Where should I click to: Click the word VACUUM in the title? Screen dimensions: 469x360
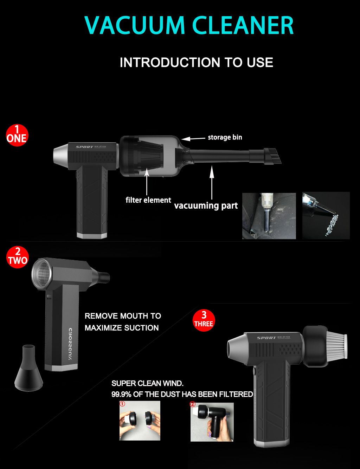click(x=135, y=26)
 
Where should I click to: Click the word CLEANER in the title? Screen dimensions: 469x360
click(x=243, y=26)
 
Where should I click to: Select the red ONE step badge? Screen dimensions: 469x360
click(x=17, y=135)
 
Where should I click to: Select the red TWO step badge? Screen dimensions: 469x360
click(x=18, y=257)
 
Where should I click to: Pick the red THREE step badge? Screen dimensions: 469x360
click(x=204, y=320)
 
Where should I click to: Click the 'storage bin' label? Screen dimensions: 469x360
click(x=225, y=137)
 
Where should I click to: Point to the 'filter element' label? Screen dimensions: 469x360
click(x=148, y=200)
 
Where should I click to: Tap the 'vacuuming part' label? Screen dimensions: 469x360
click(x=206, y=206)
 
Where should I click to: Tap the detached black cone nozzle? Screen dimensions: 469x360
click(x=28, y=369)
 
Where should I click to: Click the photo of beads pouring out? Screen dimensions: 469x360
click(x=326, y=215)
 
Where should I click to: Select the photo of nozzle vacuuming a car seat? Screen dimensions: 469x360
click(x=269, y=216)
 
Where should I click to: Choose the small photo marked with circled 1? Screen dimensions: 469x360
click(x=140, y=421)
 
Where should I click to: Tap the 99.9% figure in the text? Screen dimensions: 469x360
click(x=121, y=395)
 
